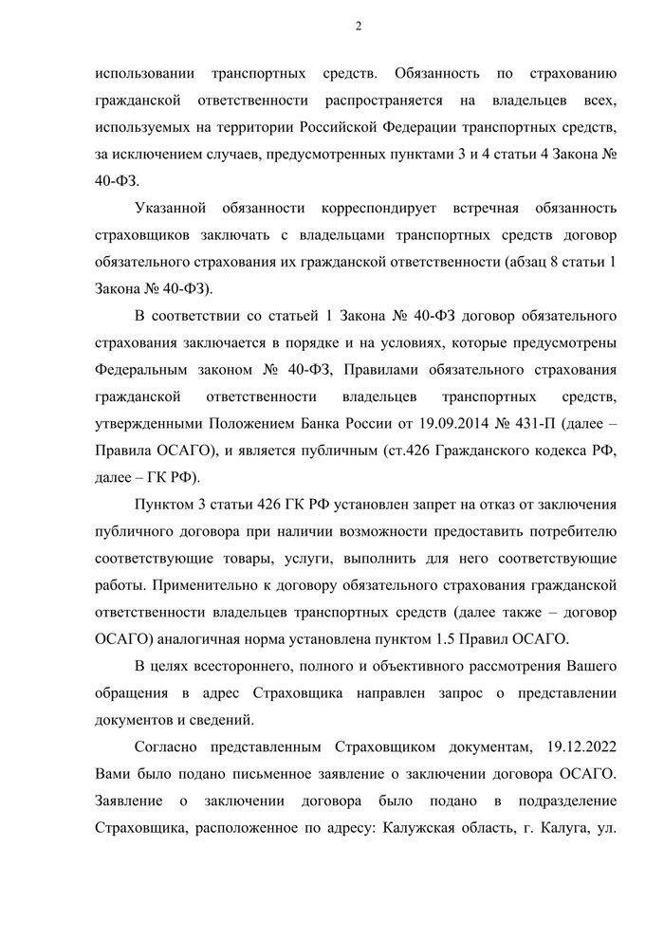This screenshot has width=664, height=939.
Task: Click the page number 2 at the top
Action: (358, 27)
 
